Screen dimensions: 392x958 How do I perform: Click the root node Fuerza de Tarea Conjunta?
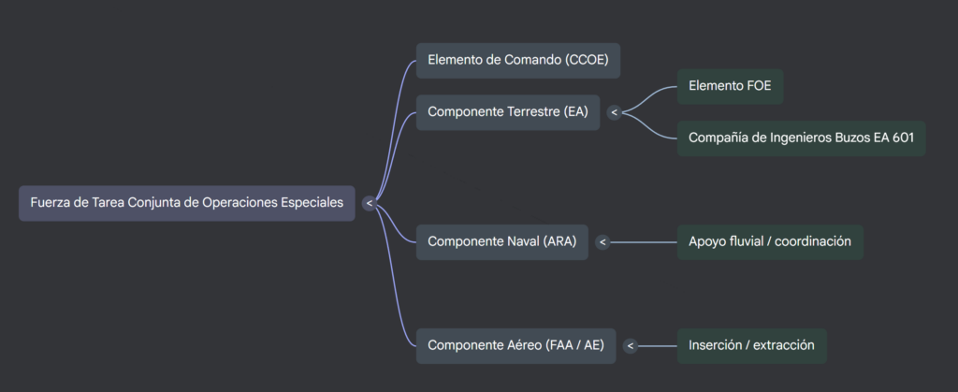186,203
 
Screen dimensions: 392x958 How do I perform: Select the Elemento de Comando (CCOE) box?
517,60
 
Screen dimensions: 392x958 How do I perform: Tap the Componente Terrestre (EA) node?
507,112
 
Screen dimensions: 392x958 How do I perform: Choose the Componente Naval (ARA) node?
501,241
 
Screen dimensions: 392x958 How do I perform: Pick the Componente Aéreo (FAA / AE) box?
515,345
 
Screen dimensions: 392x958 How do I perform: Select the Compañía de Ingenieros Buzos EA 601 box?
801,138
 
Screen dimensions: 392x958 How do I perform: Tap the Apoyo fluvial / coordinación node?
769,241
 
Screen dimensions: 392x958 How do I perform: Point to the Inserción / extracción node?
751,345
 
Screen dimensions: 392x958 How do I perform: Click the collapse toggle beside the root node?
369,203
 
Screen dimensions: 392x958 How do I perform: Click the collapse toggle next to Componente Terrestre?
614,112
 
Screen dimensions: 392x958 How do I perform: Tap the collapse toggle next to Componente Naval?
602,241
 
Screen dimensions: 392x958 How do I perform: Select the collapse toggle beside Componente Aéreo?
631,345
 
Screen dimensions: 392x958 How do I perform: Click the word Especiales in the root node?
312,203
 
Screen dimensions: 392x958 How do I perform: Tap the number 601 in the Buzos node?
902,138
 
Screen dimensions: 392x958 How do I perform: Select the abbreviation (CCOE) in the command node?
587,60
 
